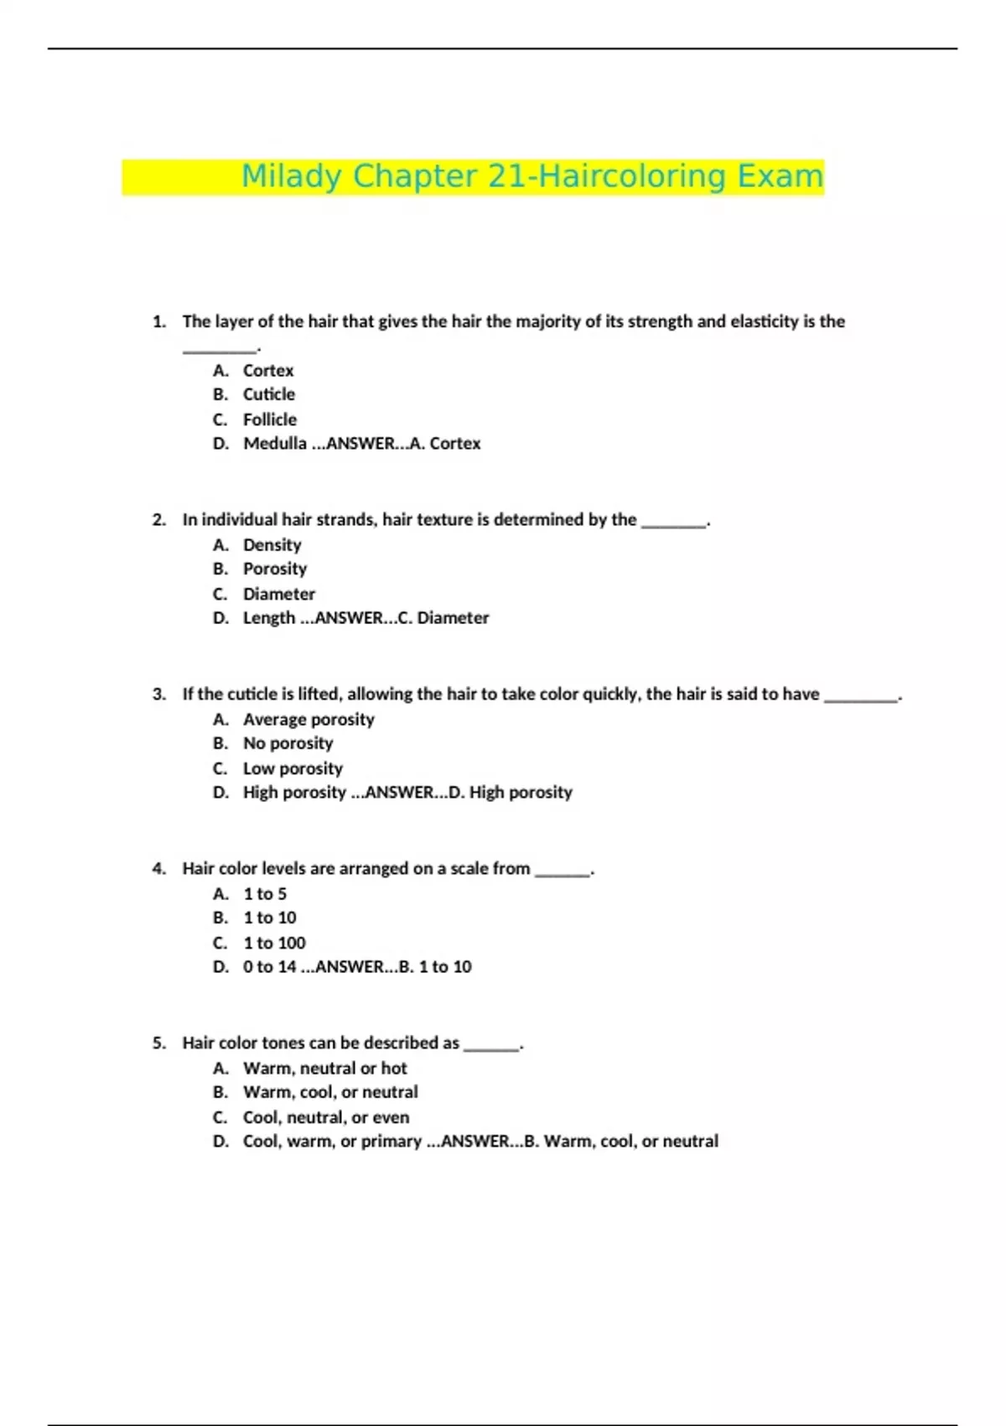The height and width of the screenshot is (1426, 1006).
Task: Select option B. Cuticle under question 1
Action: pos(268,394)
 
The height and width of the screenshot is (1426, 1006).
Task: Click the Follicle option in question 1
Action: pos(269,419)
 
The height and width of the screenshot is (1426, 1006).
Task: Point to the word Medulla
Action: pos(275,444)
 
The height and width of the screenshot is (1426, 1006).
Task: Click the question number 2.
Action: pos(158,520)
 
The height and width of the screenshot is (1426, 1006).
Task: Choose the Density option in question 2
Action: pos(272,545)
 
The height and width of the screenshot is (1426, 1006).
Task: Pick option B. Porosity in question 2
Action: pos(275,569)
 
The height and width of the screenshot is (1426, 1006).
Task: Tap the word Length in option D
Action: pos(268,618)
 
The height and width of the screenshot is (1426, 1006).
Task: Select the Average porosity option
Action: pos(309,720)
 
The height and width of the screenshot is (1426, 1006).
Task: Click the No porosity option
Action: pos(288,743)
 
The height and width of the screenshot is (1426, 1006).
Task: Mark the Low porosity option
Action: pos(293,768)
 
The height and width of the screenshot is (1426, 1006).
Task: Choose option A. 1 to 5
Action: pos(265,894)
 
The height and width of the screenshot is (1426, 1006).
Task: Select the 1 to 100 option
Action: pos(274,943)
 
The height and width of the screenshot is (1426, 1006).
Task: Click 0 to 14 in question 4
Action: pos(269,967)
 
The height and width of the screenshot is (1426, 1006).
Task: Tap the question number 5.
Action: pos(158,1043)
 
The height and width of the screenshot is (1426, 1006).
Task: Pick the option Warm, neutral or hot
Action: pos(324,1069)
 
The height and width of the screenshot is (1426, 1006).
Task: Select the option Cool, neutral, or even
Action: pos(326,1117)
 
